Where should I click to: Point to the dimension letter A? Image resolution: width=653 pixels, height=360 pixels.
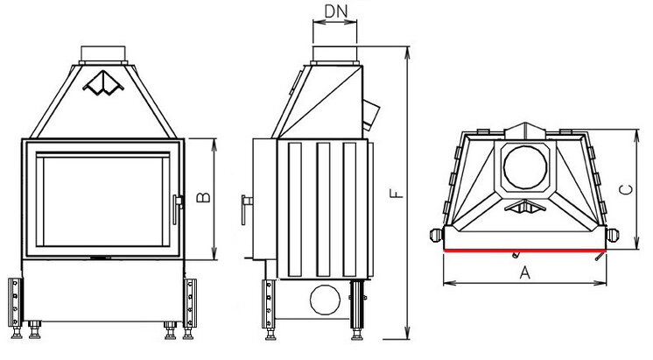point(525,272)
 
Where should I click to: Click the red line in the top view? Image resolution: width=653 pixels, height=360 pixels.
point(523,251)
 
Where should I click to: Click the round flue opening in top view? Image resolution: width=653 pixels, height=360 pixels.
point(525,166)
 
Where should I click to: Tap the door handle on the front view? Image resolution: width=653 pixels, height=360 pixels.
point(179,202)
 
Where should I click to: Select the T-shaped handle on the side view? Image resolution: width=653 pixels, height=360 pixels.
point(245,204)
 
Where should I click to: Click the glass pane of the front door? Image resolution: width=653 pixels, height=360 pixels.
point(102,201)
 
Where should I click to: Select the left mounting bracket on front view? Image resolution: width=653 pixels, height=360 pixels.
point(16,302)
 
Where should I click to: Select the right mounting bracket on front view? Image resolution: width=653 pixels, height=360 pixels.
point(190,302)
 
